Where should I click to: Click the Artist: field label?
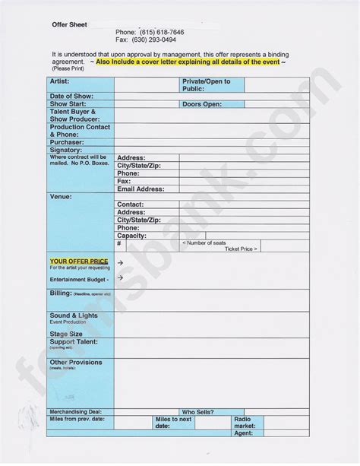pyautogui.click(x=60, y=81)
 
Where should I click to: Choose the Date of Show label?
pyautogui.click(x=71, y=97)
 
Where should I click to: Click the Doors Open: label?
pyautogui.click(x=202, y=104)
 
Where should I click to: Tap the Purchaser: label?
pyautogui.click(x=67, y=142)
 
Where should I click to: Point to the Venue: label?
pyautogui.click(x=61, y=197)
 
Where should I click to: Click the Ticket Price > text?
pyautogui.click(x=242, y=249)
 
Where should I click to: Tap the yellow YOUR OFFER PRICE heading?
pyautogui.click(x=79, y=262)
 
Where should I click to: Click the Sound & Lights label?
pyautogui.click(x=74, y=315)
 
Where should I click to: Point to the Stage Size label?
pyautogui.click(x=66, y=334)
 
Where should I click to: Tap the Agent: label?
pyautogui.click(x=243, y=433)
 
